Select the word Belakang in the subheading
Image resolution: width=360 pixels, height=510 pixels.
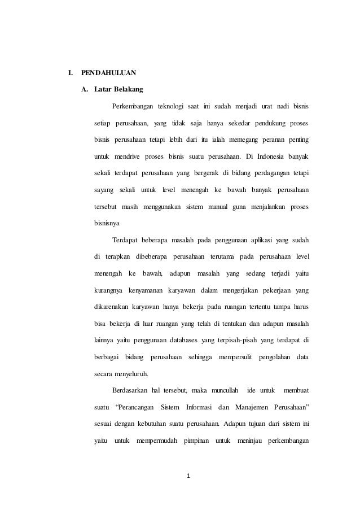click(x=129, y=89)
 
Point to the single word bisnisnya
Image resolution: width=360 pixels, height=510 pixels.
click(x=108, y=223)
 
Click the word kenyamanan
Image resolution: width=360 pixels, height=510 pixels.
click(x=142, y=290)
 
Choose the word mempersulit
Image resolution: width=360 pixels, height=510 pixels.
click(x=231, y=356)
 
